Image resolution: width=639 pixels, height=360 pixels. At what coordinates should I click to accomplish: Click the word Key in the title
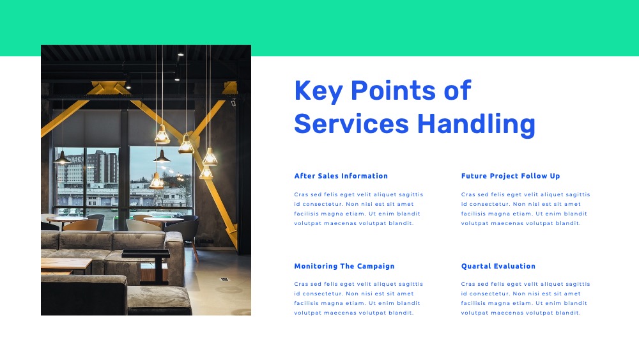318,91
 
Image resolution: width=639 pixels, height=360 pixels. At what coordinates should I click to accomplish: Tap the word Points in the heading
393,90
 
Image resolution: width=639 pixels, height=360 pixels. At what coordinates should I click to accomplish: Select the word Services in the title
351,124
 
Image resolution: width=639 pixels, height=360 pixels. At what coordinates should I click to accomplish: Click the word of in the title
458,90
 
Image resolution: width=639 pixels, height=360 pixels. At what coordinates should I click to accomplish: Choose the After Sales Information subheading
341,176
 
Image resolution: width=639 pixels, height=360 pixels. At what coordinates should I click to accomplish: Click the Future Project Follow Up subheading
511,176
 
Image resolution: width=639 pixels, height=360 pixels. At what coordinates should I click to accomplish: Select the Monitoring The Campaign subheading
344,266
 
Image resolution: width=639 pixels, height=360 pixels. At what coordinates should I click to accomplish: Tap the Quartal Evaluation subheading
498,266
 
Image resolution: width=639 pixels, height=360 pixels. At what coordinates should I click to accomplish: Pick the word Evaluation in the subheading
514,266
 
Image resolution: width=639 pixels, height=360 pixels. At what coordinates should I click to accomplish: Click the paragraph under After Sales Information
358,208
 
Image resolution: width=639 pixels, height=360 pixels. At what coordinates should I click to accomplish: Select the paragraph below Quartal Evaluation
526,299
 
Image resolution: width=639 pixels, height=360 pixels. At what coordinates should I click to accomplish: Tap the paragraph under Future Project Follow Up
526,208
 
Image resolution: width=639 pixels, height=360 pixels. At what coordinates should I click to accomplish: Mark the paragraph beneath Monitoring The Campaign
358,299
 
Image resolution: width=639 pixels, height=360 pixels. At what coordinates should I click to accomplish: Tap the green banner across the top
319,27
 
